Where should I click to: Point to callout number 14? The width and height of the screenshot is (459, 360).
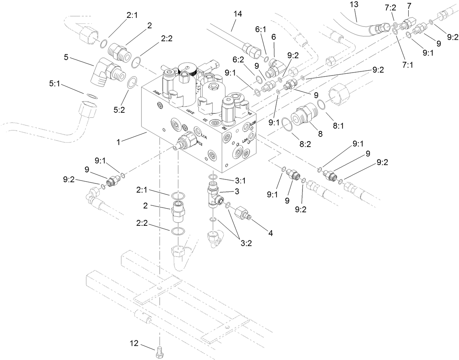[238, 14]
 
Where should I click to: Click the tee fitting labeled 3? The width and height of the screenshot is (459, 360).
[214, 196]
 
